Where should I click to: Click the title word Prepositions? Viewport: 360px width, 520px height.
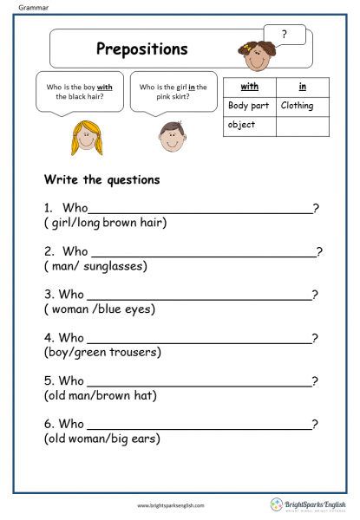tap(141, 49)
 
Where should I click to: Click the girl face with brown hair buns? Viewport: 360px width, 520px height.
tap(257, 55)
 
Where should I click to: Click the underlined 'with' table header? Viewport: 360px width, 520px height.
tap(249, 87)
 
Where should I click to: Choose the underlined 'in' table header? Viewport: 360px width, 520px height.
tap(302, 87)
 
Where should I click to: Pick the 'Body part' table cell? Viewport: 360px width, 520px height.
tap(249, 106)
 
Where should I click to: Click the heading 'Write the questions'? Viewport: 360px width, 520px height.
tap(101, 179)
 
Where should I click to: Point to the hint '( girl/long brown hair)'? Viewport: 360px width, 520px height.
tap(105, 223)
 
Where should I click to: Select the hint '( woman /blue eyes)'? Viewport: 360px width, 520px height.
tap(99, 309)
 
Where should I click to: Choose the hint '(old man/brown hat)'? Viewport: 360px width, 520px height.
tap(99, 395)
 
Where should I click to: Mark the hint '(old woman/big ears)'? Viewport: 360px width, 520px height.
tap(101, 439)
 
